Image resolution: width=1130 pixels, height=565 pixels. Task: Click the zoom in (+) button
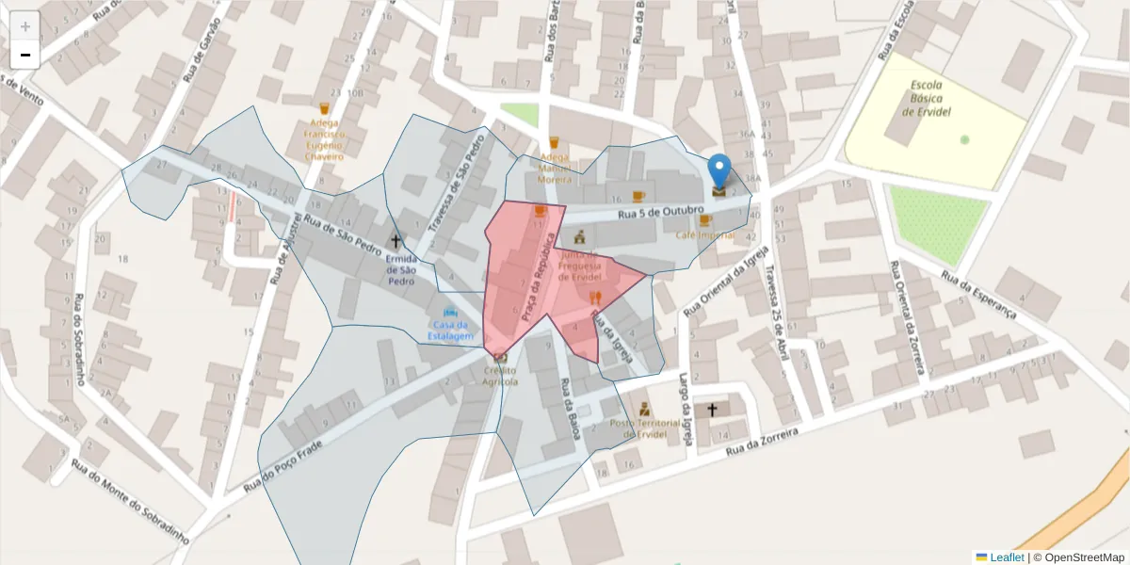tap(25, 26)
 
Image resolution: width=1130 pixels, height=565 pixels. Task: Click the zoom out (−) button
tap(25, 55)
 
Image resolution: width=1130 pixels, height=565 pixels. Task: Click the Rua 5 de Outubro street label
tap(661, 213)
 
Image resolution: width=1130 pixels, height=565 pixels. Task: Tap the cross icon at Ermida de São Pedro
tap(395, 242)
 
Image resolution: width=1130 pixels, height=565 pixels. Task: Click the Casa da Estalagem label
tap(451, 330)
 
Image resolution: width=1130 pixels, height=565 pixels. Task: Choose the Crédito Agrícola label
tap(500, 376)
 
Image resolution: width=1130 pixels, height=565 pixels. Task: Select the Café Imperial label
tap(704, 234)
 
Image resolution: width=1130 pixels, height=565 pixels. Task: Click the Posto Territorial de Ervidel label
tap(645, 428)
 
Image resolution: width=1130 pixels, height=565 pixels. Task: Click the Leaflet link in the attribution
tap(1007, 557)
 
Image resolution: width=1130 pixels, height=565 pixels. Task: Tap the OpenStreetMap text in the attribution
tap(1083, 557)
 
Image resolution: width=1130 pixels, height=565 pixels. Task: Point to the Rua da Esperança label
tap(980, 295)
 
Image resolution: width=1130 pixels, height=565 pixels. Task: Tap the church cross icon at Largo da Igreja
tap(712, 410)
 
